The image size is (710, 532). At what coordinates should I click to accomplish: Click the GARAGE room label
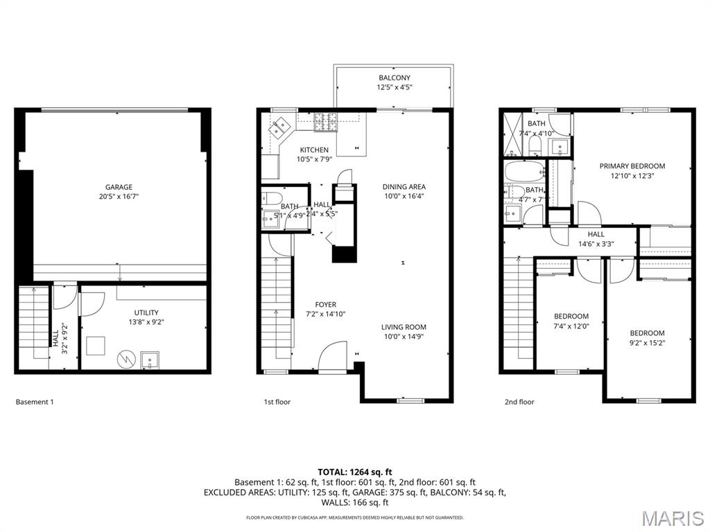click(119, 187)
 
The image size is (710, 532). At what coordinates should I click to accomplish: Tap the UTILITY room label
click(146, 312)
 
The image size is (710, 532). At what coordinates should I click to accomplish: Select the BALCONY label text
click(394, 78)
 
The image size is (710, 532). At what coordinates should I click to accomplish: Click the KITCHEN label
click(314, 150)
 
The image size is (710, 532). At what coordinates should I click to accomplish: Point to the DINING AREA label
click(404, 186)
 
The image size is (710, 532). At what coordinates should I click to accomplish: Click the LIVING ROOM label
click(404, 327)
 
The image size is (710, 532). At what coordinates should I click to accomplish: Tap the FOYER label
click(325, 304)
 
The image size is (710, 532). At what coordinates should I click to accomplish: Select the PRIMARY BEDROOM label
click(632, 166)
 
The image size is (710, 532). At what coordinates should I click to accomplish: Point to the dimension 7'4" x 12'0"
click(571, 326)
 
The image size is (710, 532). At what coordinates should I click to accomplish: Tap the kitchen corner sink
click(281, 127)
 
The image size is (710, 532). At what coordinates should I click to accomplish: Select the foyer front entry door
click(332, 357)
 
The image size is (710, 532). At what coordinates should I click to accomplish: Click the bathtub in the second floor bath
click(524, 170)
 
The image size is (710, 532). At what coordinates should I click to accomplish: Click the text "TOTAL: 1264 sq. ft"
click(354, 472)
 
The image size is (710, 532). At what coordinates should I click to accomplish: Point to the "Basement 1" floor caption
click(34, 402)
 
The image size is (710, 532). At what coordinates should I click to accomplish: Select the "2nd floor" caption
click(519, 402)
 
